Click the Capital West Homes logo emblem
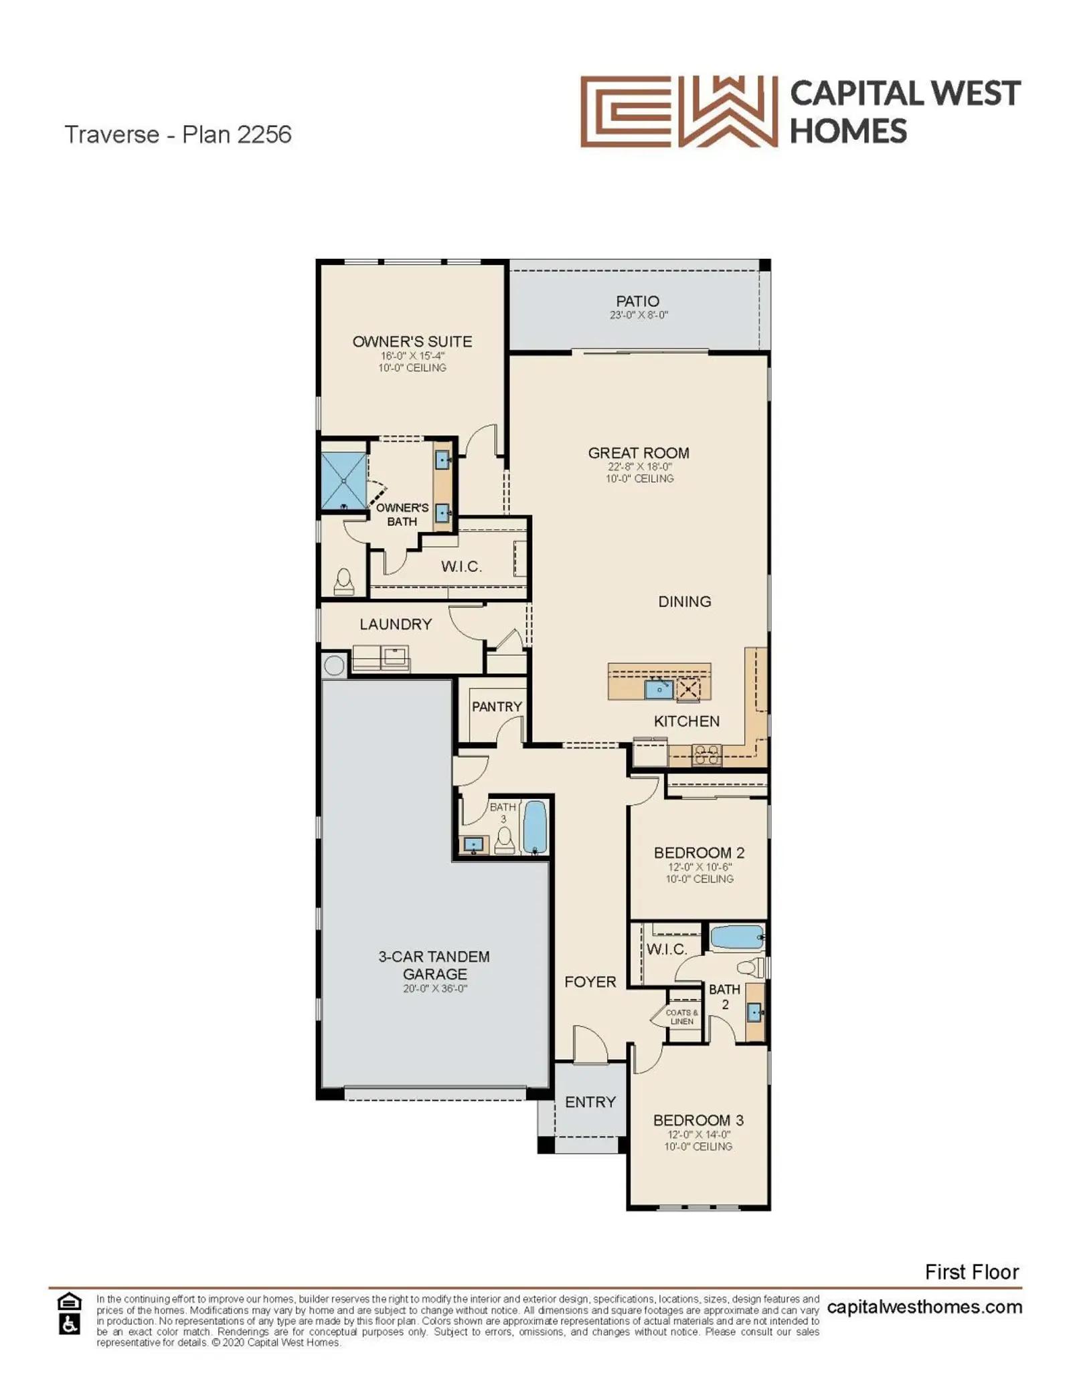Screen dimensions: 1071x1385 (x=678, y=111)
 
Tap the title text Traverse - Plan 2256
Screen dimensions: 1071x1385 (x=178, y=134)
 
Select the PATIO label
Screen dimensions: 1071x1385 (x=637, y=301)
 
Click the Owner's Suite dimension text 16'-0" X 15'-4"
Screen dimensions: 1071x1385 (x=412, y=356)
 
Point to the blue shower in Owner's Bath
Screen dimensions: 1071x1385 (x=344, y=480)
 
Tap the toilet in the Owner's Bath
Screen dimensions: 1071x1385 (x=344, y=581)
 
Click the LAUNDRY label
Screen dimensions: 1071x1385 (x=396, y=624)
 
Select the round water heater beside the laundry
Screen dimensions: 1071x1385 (x=334, y=665)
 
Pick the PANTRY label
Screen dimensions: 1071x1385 (x=497, y=707)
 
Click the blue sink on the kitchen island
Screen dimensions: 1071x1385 (x=659, y=688)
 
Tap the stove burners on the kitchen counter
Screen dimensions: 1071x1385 (x=707, y=755)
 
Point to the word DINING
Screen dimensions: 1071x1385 (x=685, y=602)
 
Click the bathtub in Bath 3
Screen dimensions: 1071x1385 (x=534, y=827)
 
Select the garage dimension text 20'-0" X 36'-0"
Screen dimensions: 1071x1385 (x=434, y=988)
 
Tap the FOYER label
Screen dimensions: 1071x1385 (x=590, y=982)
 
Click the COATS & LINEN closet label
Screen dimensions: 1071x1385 (x=682, y=1017)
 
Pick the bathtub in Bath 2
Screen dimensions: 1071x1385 (x=736, y=937)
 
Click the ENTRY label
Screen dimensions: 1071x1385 (x=590, y=1102)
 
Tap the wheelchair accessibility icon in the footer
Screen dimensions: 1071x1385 (x=70, y=1323)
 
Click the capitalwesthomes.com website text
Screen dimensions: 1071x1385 (x=924, y=1307)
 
